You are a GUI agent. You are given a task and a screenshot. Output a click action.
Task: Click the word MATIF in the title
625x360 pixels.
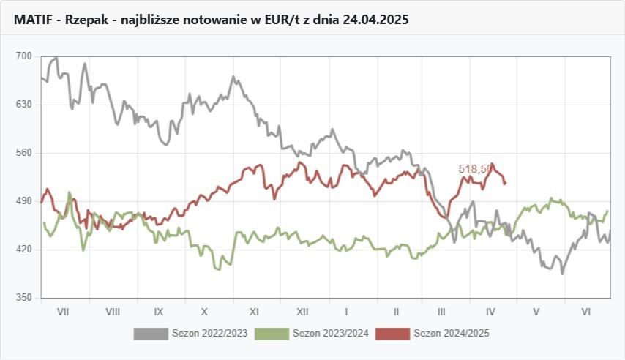coord(33,20)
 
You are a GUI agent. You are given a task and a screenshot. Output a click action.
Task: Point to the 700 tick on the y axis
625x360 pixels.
coord(24,56)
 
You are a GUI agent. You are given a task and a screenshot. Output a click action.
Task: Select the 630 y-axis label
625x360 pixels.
coord(24,105)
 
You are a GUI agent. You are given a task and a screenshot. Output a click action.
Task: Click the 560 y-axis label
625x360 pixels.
coord(24,153)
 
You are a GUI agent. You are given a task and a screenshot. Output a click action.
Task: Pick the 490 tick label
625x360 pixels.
coord(24,201)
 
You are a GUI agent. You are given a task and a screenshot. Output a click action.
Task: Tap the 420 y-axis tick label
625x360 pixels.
coord(24,250)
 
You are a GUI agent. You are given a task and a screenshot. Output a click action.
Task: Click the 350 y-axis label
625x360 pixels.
coord(24,298)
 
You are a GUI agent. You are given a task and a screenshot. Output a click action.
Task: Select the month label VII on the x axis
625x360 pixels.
coord(63,312)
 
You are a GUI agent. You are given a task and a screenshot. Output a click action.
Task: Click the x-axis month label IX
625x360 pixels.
coord(159,312)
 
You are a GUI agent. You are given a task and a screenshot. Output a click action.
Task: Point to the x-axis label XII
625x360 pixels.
coord(302,312)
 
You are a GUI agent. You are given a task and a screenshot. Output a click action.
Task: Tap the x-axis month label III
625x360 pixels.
coord(441,312)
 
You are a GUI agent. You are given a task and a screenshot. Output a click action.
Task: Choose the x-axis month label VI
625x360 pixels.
coord(585,312)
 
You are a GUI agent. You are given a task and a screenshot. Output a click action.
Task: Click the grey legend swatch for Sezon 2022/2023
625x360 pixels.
coord(151,334)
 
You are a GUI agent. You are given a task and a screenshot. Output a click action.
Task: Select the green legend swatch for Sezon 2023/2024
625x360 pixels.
coord(272,334)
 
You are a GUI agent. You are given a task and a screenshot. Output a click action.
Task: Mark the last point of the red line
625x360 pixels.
coord(506,183)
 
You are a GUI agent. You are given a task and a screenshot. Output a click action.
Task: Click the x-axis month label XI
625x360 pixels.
coord(254,312)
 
